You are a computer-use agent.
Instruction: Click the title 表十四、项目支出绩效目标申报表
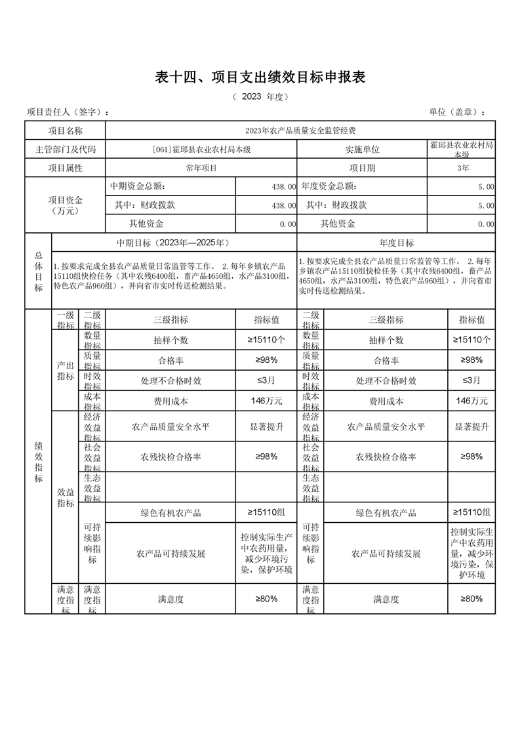point(260,77)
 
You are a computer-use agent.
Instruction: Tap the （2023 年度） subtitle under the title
point(260,97)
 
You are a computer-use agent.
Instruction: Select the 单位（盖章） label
point(458,112)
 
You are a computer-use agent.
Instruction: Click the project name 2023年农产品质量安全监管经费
point(300,131)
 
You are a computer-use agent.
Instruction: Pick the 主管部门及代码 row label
point(65,150)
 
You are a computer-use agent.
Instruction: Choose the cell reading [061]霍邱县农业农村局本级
point(201,150)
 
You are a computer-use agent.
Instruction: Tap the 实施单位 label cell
point(362,150)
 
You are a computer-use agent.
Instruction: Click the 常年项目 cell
point(201,168)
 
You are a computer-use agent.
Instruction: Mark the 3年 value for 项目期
point(462,168)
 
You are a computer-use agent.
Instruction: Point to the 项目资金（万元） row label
point(65,205)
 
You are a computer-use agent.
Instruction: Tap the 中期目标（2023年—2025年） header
point(173,243)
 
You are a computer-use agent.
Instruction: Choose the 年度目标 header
point(397,243)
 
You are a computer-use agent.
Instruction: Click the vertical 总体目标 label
point(38,271)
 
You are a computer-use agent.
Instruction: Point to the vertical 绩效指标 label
point(38,462)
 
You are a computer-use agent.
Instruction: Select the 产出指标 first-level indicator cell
point(65,371)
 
